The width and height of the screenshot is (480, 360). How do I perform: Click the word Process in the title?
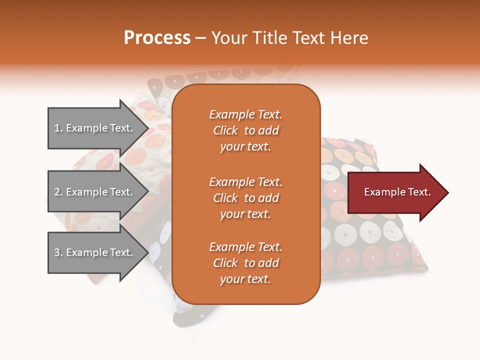point(157,38)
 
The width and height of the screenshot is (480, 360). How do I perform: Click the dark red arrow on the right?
point(395,192)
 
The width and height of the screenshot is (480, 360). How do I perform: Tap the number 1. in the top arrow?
point(58,128)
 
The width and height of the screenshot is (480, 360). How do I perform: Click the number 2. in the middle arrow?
point(58,192)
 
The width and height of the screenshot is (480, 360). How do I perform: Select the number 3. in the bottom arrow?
point(58,252)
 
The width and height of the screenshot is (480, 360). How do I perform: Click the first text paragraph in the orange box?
point(245,130)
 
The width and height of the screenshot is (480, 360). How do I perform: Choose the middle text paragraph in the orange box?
point(245,198)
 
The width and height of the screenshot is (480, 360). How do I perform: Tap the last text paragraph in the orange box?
point(245,263)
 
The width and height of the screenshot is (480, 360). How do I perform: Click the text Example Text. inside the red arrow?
point(397,192)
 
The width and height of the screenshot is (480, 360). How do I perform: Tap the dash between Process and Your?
point(200,38)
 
